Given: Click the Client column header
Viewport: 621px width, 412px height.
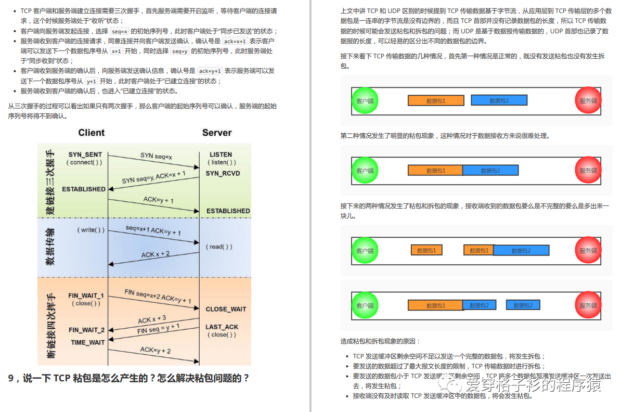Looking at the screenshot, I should [x=91, y=133].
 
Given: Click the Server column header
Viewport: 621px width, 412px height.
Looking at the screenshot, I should [x=217, y=133].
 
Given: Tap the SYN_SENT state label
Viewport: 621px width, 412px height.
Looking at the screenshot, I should [x=85, y=154].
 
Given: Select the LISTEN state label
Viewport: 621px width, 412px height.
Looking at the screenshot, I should [x=221, y=154].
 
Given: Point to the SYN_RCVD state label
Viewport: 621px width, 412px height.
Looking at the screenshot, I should [x=223, y=173].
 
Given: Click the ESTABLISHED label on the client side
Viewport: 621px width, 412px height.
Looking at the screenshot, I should [x=84, y=189].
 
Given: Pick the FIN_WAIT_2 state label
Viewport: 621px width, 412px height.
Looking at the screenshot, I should [x=86, y=330].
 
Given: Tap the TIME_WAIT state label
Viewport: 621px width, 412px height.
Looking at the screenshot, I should [x=88, y=342].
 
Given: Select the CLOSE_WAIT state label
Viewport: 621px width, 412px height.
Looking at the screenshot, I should [x=226, y=309].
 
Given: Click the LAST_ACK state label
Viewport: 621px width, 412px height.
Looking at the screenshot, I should [x=222, y=327].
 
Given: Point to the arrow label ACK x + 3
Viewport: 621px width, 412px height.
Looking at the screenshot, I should [x=152, y=319].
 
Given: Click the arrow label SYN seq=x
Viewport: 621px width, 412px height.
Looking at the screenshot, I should [x=156, y=156].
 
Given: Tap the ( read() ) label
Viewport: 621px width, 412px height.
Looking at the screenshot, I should [x=219, y=247].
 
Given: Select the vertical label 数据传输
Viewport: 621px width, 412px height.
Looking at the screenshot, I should [x=50, y=247].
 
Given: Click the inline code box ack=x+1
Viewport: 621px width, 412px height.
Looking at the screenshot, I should [x=234, y=42].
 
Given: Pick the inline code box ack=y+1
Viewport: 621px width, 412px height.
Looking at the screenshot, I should [x=210, y=71].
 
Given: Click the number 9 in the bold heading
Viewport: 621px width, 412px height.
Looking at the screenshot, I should [x=11, y=378].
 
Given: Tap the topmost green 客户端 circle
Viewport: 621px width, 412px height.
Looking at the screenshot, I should [x=365, y=101].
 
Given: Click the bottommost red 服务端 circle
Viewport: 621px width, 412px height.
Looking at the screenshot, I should [x=588, y=305].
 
